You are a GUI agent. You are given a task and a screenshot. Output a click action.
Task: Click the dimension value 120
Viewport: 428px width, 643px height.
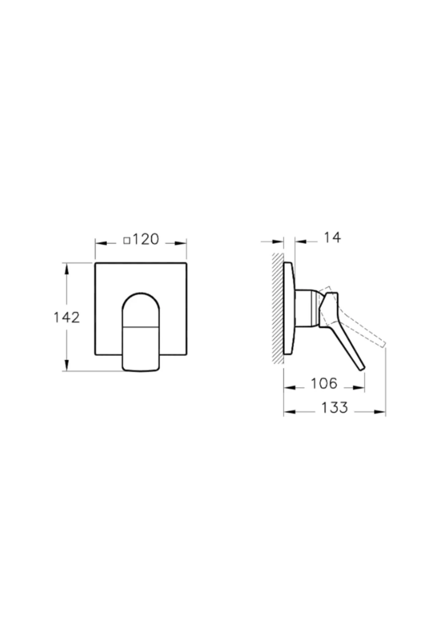coord(146,239)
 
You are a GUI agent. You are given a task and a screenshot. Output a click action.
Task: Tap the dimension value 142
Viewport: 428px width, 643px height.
coord(66,317)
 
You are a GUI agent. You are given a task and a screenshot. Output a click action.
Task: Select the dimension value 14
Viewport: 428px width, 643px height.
coord(332,238)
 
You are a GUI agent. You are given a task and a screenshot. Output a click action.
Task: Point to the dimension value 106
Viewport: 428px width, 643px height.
coord(324,383)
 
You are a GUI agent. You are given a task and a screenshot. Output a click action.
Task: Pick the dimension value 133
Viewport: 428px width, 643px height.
coord(335,407)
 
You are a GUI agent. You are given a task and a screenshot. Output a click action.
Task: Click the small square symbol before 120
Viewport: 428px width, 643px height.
coord(127,241)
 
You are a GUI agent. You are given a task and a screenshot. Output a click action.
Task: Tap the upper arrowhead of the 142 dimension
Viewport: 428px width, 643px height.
coord(66,269)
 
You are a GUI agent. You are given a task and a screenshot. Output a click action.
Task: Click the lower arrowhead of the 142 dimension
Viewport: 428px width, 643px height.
coord(66,365)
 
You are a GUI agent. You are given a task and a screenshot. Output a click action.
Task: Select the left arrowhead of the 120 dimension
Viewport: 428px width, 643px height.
coord(101,243)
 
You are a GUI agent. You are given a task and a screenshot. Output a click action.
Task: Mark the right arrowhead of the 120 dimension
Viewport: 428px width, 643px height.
coord(181,243)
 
